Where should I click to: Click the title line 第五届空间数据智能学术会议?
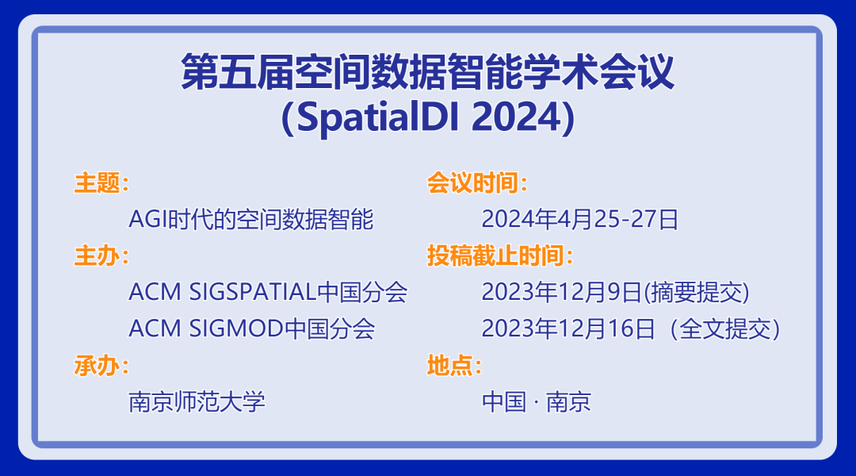pos(427,73)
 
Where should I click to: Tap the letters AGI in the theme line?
pos(145,220)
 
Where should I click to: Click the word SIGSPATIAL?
pos(253,293)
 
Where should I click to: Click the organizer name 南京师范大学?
pos(197,401)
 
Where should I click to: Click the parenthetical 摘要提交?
pos(697,293)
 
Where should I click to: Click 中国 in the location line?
pos(504,401)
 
